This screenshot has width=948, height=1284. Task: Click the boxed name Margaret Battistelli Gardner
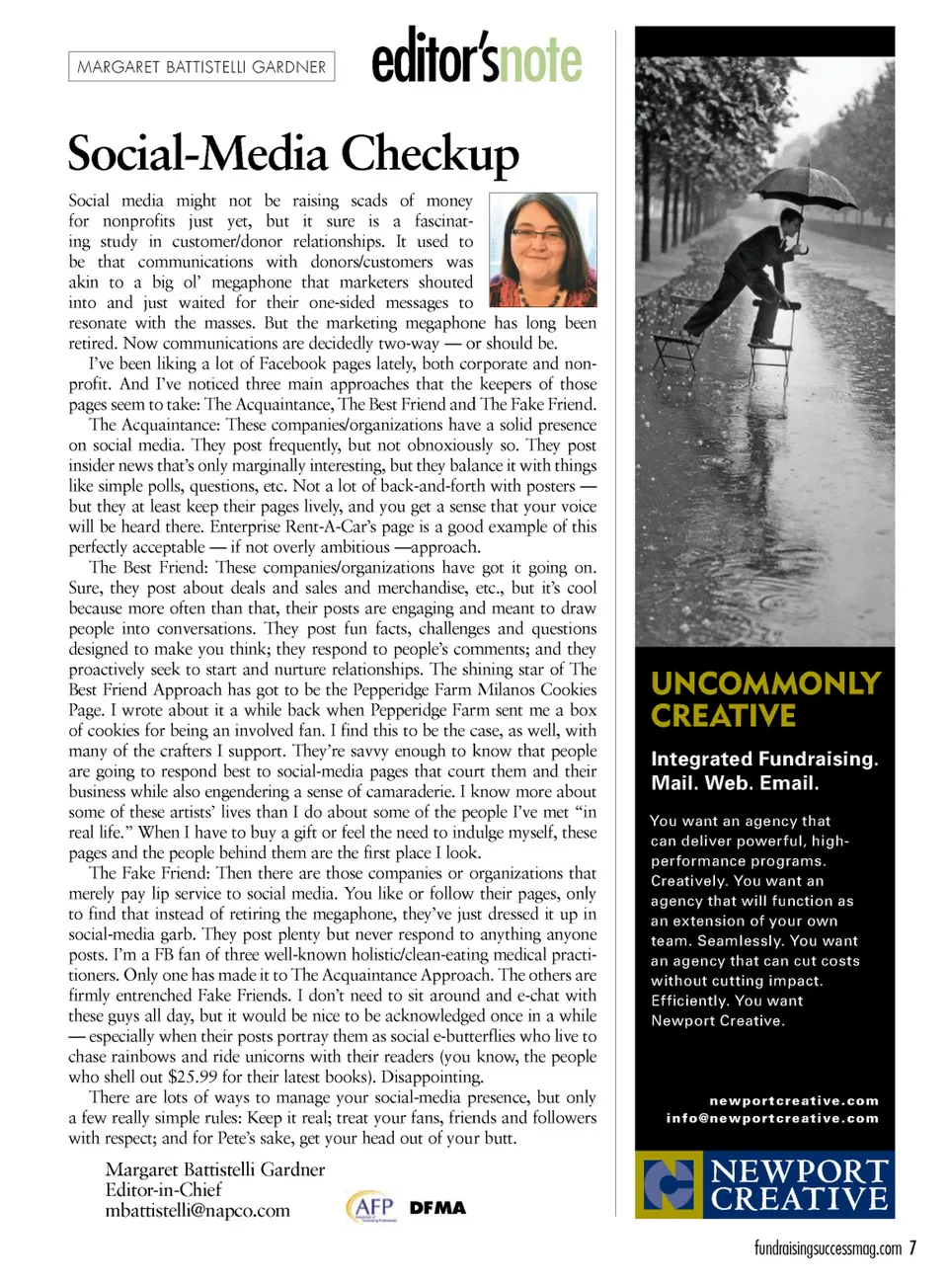(x=201, y=67)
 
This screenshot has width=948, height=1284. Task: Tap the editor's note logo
(x=477, y=58)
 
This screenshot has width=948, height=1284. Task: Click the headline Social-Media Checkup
(x=293, y=154)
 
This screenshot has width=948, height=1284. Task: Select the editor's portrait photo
(x=543, y=251)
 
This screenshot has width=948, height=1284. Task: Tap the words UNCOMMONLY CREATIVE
(x=765, y=699)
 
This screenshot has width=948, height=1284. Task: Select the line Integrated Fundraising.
(x=764, y=759)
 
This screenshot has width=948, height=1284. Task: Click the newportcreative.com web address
(x=794, y=1100)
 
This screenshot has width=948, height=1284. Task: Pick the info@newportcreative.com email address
(x=772, y=1118)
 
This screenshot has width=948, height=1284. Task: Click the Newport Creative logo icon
(x=669, y=1184)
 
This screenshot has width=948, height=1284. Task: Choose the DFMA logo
(x=437, y=1208)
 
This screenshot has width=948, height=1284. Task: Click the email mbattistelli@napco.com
(x=197, y=1211)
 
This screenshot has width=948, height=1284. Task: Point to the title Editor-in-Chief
(x=163, y=1190)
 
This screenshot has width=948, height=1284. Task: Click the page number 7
(x=913, y=1248)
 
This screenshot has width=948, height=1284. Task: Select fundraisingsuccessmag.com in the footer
(x=828, y=1248)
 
